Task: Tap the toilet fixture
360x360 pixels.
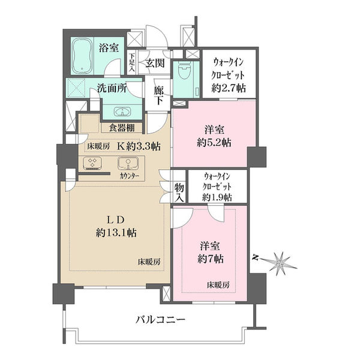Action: [184, 70]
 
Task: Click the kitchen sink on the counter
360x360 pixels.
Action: [128, 163]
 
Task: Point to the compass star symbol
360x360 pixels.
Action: [280, 264]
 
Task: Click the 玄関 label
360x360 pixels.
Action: [155, 62]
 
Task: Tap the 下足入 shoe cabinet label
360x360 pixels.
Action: [132, 63]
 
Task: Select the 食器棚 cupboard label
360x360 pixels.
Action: [121, 128]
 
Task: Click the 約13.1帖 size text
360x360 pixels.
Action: [116, 233]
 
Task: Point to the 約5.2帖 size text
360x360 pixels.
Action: [214, 143]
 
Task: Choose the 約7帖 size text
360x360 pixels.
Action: [211, 259]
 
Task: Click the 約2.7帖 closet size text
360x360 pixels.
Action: [229, 88]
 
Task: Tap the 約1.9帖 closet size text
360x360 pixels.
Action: [217, 197]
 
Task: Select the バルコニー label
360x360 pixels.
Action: [160, 320]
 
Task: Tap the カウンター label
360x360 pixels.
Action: [129, 176]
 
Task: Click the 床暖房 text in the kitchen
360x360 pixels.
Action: [98, 146]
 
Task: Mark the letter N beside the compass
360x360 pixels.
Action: [254, 258]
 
